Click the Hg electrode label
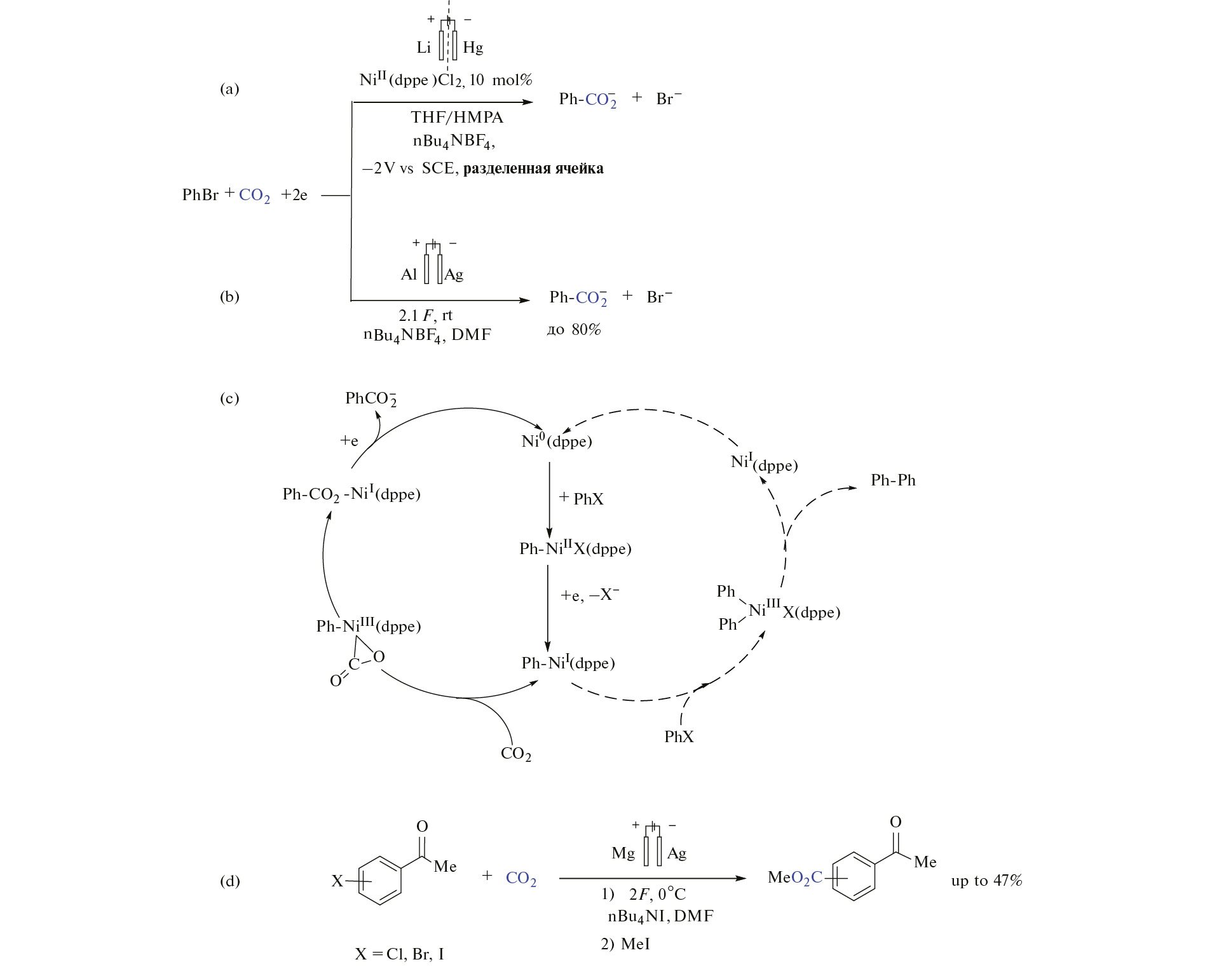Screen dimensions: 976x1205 (473, 48)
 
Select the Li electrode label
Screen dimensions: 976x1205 (424, 48)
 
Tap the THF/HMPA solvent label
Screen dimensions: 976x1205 (456, 118)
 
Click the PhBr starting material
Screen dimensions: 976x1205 (200, 195)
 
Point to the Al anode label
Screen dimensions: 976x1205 (409, 274)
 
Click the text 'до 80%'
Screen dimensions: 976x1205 (574, 330)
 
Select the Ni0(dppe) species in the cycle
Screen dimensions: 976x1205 (556, 442)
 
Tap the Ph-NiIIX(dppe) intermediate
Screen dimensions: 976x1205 (575, 548)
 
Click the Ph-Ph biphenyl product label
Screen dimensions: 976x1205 (893, 480)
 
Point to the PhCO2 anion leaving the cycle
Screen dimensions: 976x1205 (371, 399)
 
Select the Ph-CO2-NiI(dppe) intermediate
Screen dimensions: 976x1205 (351, 494)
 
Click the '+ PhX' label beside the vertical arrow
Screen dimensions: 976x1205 (582, 499)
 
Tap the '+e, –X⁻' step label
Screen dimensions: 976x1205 (590, 595)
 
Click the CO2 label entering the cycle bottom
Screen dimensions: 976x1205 (515, 754)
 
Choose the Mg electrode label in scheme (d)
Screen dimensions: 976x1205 (623, 853)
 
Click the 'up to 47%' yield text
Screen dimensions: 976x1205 (986, 881)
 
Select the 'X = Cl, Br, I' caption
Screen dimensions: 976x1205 (399, 954)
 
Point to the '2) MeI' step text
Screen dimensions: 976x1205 (625, 944)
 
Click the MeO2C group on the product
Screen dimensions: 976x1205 (795, 878)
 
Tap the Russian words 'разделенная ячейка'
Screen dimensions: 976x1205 (533, 169)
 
